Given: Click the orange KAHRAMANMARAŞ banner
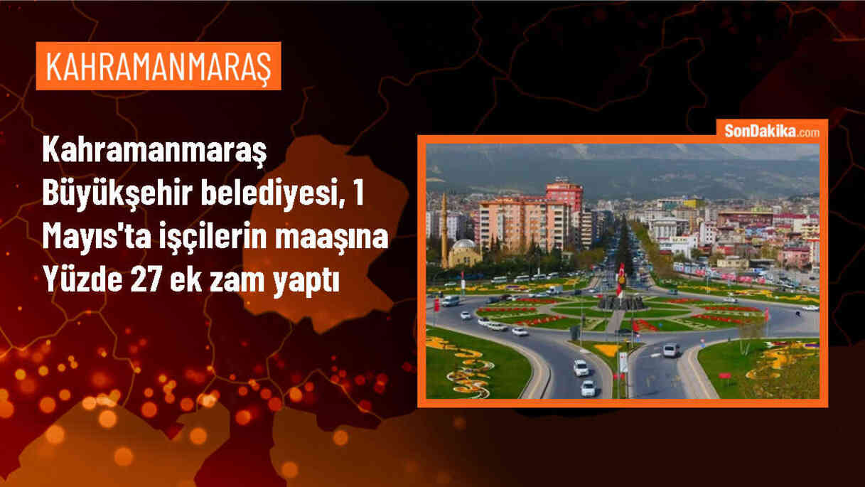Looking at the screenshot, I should pos(158,65).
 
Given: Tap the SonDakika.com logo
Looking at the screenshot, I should pos(772,131).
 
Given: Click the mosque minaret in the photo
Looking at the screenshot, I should pos(444,228).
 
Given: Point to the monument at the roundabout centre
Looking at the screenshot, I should pos(620,301).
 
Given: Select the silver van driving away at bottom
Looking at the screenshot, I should pos(670,350).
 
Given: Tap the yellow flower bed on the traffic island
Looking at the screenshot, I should pos(608,350).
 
